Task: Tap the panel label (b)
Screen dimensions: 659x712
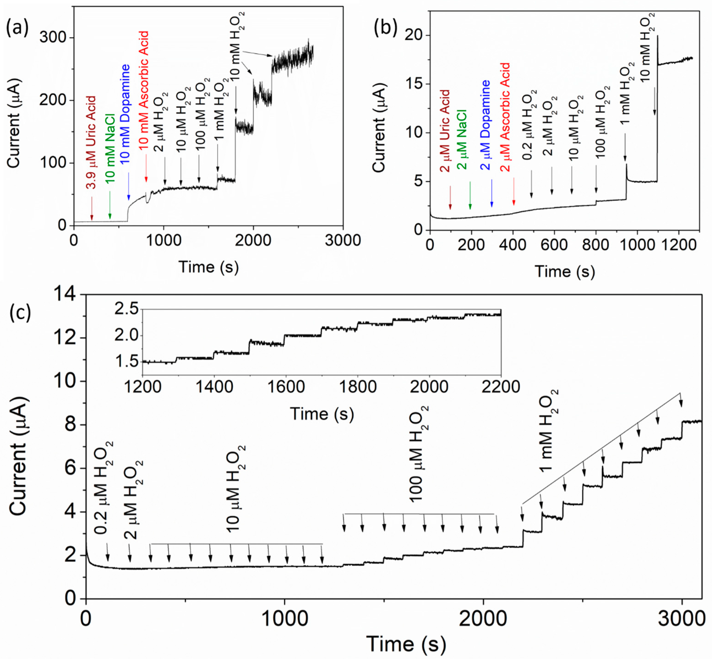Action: point(385,28)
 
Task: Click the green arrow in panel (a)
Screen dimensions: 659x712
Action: point(110,205)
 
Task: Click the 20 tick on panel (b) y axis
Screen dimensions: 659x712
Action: point(414,35)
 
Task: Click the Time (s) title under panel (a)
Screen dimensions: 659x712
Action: point(208,267)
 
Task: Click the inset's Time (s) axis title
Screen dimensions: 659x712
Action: point(322,414)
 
